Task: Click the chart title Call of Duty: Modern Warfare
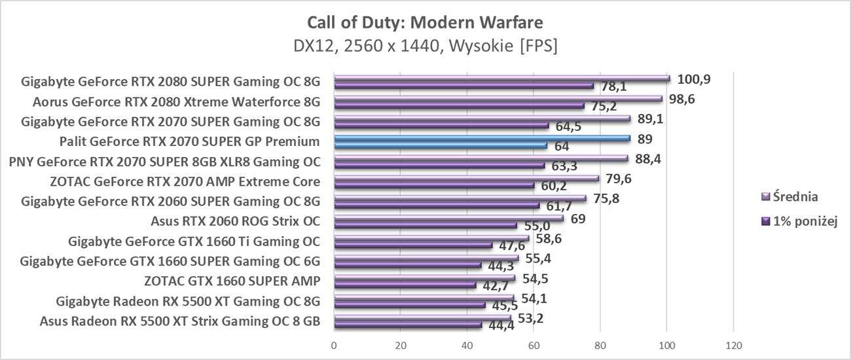pyautogui.click(x=425, y=23)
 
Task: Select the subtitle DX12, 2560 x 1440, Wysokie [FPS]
pyautogui.click(x=425, y=46)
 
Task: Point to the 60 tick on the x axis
pyautogui.click(x=534, y=346)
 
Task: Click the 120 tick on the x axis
pyautogui.click(x=733, y=346)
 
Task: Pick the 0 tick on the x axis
pyautogui.click(x=334, y=346)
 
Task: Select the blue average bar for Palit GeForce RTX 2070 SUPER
pyautogui.click(x=482, y=138)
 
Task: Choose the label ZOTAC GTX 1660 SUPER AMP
pyautogui.click(x=232, y=281)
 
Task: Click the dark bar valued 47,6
pyautogui.click(x=413, y=245)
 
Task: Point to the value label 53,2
pyautogui.click(x=531, y=318)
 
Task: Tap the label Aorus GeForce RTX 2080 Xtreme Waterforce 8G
pyautogui.click(x=176, y=102)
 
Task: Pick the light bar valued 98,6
pyautogui.click(x=498, y=99)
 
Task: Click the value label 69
pyautogui.click(x=578, y=219)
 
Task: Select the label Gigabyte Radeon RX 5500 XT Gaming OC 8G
pyautogui.click(x=188, y=302)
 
